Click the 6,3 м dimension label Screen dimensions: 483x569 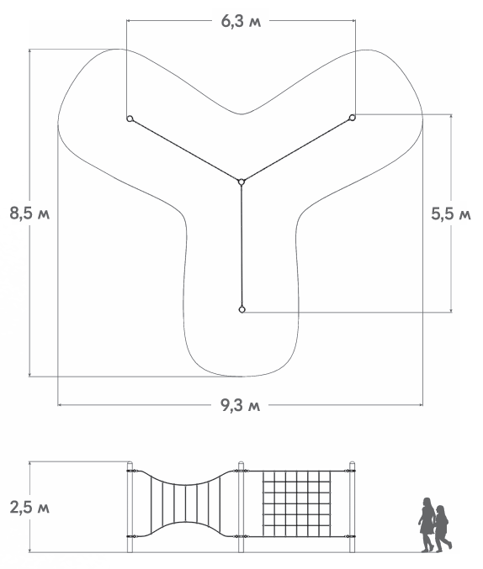[x=241, y=22]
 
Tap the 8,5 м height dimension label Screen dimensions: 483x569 [x=29, y=213]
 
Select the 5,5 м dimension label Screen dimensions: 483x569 [x=451, y=213]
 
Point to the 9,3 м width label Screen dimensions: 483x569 [x=241, y=405]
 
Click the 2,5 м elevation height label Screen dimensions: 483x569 [x=29, y=508]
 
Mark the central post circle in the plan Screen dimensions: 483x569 [x=241, y=182]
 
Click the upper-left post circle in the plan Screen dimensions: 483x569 [x=130, y=119]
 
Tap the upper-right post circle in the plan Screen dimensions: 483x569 [x=352, y=118]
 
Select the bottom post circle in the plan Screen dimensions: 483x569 [x=242, y=309]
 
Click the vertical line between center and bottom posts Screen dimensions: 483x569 [x=241, y=245]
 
